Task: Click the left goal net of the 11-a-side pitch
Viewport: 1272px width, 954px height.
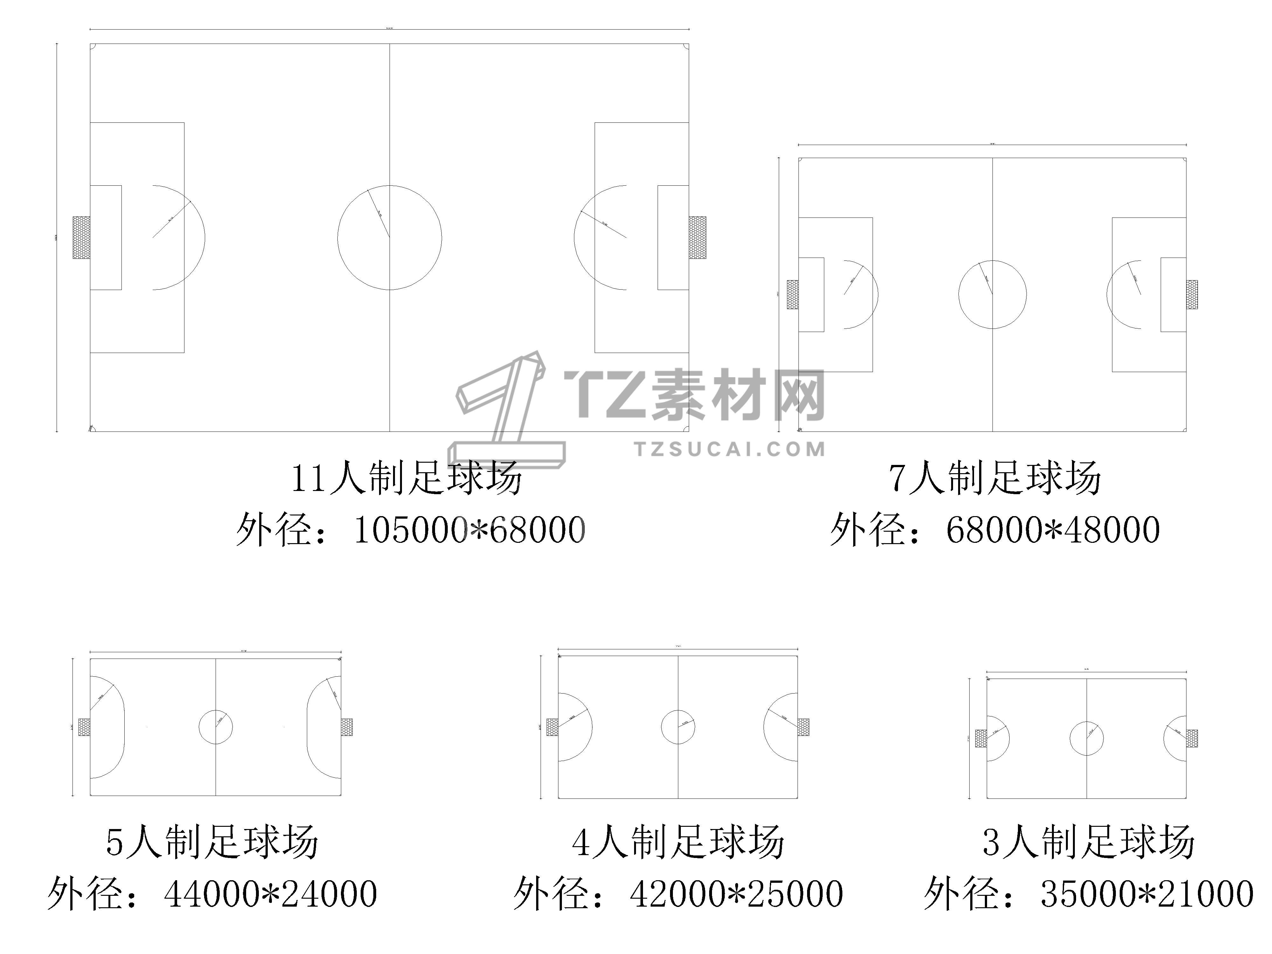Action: click(81, 238)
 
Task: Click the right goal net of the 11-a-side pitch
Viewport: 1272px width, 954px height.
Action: click(697, 238)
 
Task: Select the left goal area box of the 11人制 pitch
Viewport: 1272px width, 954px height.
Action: click(106, 238)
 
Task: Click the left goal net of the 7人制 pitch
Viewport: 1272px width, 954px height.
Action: click(792, 294)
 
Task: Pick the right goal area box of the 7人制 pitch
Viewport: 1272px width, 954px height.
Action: click(1173, 294)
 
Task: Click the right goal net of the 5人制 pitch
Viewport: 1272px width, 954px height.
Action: click(347, 728)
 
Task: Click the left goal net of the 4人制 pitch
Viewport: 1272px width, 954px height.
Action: click(552, 728)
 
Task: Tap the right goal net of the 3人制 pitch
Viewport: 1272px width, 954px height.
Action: click(1192, 738)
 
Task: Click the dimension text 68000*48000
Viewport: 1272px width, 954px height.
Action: click(1052, 530)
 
